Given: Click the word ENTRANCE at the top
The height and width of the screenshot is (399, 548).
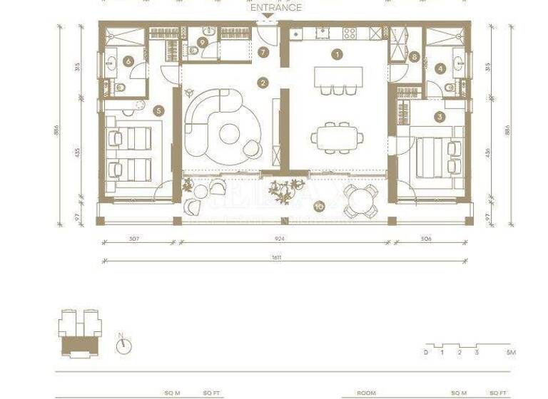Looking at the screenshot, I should pos(275,8).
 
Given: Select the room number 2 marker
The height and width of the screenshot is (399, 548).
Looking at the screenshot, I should pos(263,83).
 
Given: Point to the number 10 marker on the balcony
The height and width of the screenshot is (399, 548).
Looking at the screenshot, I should pos(319,206).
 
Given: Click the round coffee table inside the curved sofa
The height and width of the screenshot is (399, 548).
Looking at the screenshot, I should pos(230,134).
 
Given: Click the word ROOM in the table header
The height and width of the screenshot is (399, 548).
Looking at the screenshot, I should pos(366,393).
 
